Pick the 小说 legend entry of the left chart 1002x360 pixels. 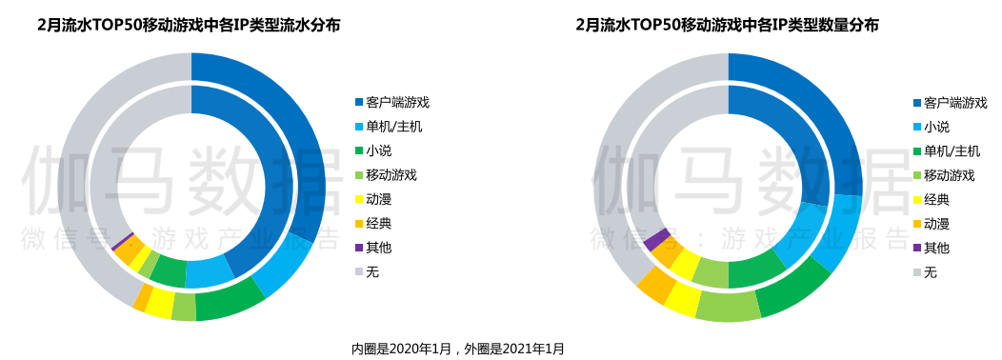coord(378,150)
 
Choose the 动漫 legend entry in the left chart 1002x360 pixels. coord(378,199)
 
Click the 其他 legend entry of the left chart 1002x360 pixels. coord(378,248)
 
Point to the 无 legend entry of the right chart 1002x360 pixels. coord(930,271)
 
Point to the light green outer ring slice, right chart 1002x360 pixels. coord(729,307)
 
